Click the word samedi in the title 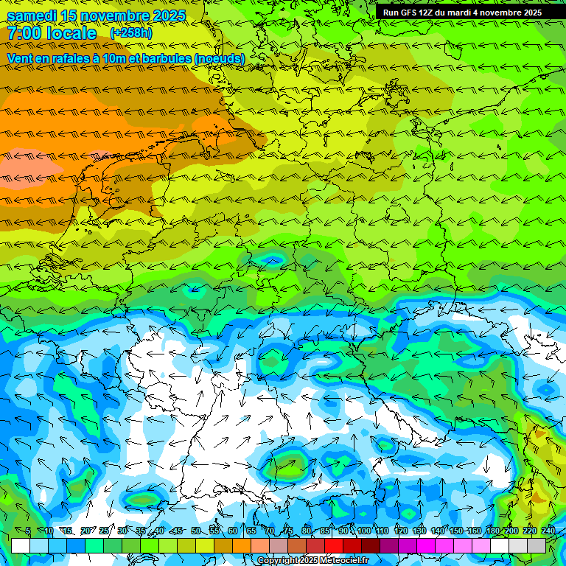point(32,15)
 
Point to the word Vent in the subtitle point(21,58)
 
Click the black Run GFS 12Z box point(462,13)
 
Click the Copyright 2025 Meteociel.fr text point(312,561)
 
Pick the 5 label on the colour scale point(28,531)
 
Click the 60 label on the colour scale point(233,531)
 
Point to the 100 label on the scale point(364,531)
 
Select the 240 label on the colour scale point(548,531)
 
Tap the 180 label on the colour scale point(492,531)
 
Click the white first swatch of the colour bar point(21,545)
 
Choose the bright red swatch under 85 point(334,545)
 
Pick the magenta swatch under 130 point(426,545)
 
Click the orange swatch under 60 point(242,545)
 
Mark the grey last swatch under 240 point(537,545)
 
